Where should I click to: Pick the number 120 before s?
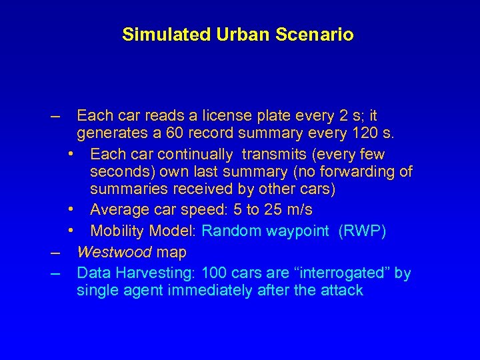[x=365, y=134]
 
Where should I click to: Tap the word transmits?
[x=273, y=155]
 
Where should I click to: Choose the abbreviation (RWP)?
[x=362, y=231]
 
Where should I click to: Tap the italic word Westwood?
[x=114, y=252]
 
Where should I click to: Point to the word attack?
[x=341, y=290]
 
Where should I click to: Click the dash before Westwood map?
[x=55, y=253]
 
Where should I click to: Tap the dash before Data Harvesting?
[x=55, y=274]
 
